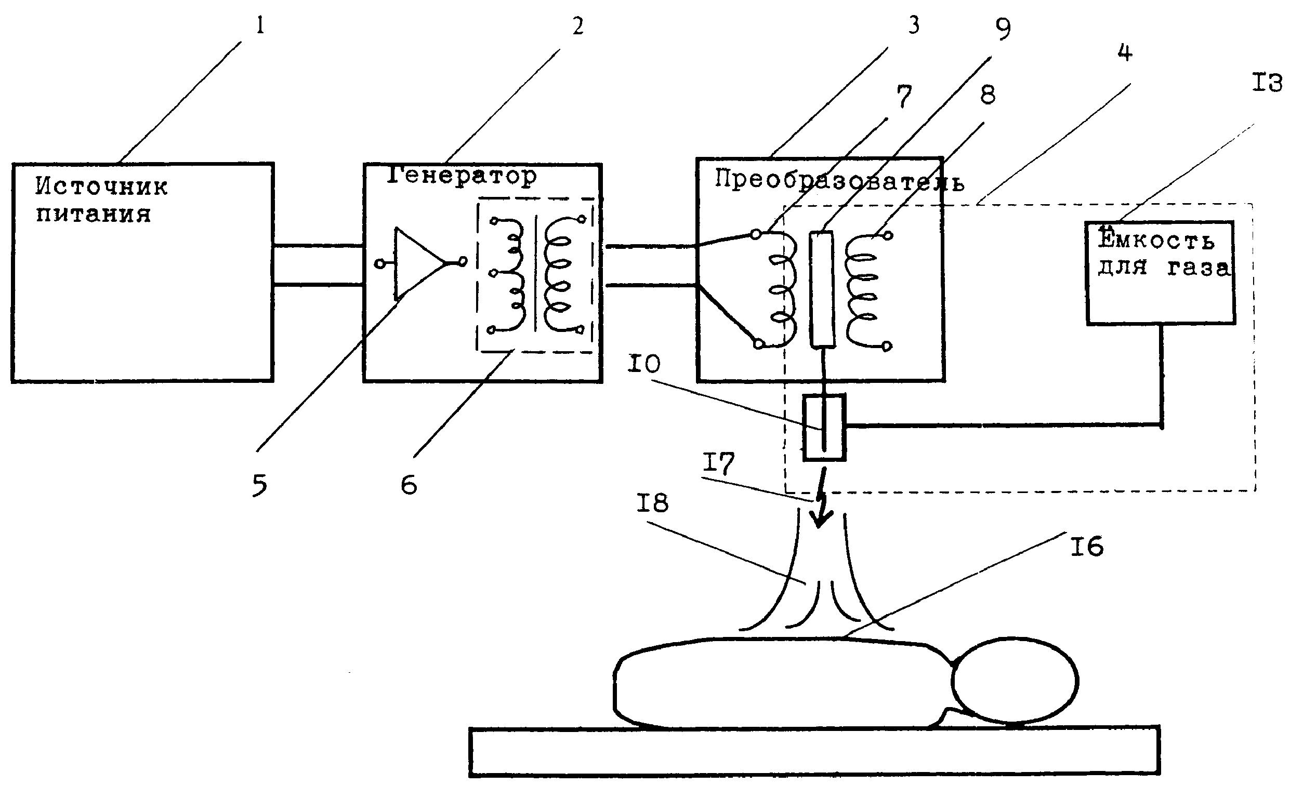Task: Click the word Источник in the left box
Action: tap(101, 186)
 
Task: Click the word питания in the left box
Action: tap(94, 215)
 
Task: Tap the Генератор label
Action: tap(462, 176)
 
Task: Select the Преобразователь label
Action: tap(839, 181)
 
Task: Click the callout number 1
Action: tap(259, 25)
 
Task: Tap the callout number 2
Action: tap(578, 25)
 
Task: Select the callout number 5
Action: tap(260, 485)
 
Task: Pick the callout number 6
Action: tap(409, 484)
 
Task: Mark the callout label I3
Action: tap(1267, 84)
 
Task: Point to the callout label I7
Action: tap(719, 463)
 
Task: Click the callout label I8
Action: tap(652, 503)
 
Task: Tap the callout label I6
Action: tap(1087, 546)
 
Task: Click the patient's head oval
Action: tap(1015, 681)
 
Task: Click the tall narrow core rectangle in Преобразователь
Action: tap(822, 289)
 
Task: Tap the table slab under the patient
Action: tap(814, 752)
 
